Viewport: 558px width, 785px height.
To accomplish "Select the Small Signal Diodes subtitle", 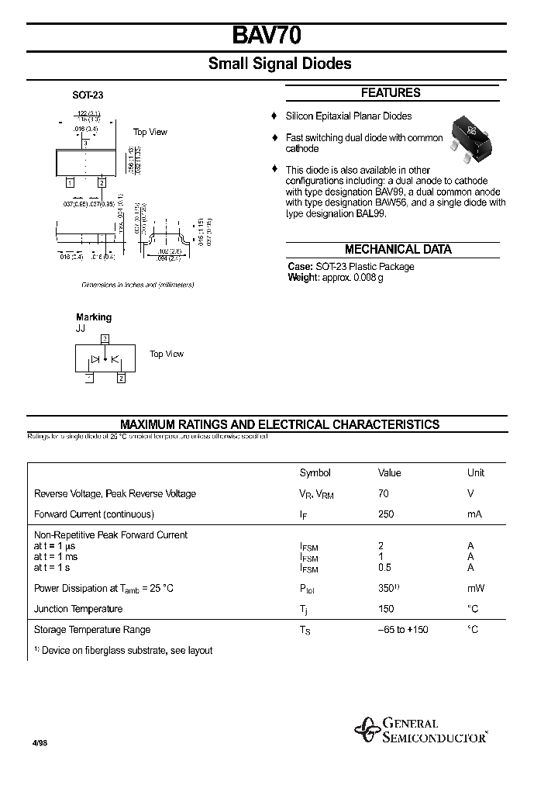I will click(x=279, y=64).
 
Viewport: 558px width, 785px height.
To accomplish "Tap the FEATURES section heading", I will click(x=391, y=93).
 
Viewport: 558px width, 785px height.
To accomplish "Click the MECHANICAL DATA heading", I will click(x=398, y=250).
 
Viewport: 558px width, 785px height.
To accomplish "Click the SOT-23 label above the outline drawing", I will click(x=88, y=95).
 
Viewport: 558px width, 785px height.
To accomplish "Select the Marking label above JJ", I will click(x=94, y=317).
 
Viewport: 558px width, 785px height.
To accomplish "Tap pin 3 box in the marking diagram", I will click(x=105, y=339).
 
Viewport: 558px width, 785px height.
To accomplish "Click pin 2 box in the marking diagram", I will click(x=121, y=378).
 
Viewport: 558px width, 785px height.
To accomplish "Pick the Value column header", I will click(x=389, y=473).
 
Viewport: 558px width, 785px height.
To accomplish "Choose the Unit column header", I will click(x=475, y=473).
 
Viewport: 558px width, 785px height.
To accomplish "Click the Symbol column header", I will click(x=315, y=473).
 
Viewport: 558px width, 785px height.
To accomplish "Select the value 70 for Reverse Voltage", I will click(x=383, y=493).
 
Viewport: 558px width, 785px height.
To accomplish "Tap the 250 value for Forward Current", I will click(x=386, y=514).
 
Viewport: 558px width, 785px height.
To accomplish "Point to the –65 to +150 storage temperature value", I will click(x=402, y=629).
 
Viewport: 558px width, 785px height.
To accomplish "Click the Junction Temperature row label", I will click(x=78, y=609).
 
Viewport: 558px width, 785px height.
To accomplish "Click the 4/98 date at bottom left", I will click(x=40, y=742).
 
